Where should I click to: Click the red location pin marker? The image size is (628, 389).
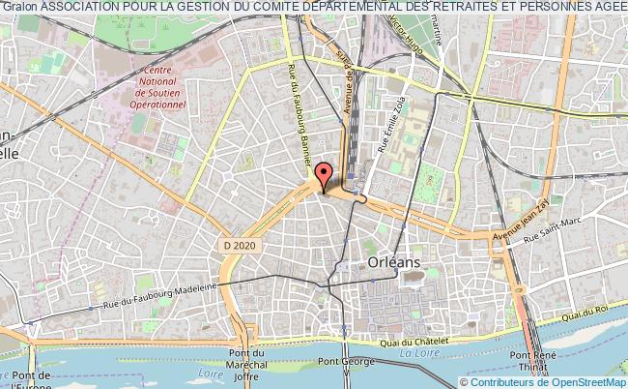coord(324,175)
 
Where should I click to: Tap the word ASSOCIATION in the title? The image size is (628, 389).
coord(81,7)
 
